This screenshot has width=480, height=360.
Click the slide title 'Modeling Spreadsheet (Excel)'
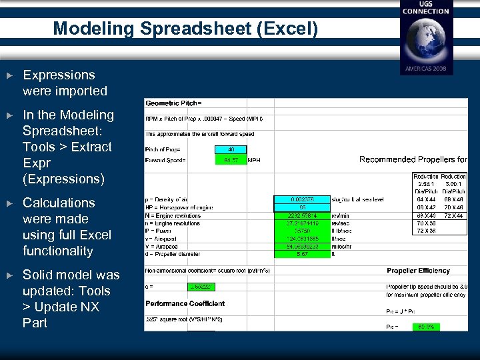click(x=185, y=29)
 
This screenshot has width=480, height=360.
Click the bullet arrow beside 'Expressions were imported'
click(x=8, y=75)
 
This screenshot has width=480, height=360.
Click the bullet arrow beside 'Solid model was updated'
click(x=8, y=275)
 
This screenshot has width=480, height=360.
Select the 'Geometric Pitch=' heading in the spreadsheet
click(x=173, y=103)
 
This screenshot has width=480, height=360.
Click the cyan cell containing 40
click(x=231, y=150)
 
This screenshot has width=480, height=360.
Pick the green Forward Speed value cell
click(x=231, y=160)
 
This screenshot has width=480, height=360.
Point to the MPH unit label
click(x=255, y=160)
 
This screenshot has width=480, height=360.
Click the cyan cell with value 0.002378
click(x=302, y=199)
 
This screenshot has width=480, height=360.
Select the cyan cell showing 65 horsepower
click(x=302, y=207)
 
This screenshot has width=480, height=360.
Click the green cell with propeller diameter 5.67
click(x=302, y=254)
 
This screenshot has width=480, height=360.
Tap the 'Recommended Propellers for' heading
click(x=413, y=159)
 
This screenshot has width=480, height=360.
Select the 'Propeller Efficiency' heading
click(x=418, y=271)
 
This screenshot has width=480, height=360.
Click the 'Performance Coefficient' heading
click(x=185, y=303)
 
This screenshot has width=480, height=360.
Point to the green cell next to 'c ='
click(x=201, y=287)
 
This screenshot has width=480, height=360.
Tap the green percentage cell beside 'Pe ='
click(x=426, y=327)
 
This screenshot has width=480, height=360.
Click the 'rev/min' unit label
click(x=341, y=215)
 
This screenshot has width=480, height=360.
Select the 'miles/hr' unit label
click(x=341, y=246)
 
